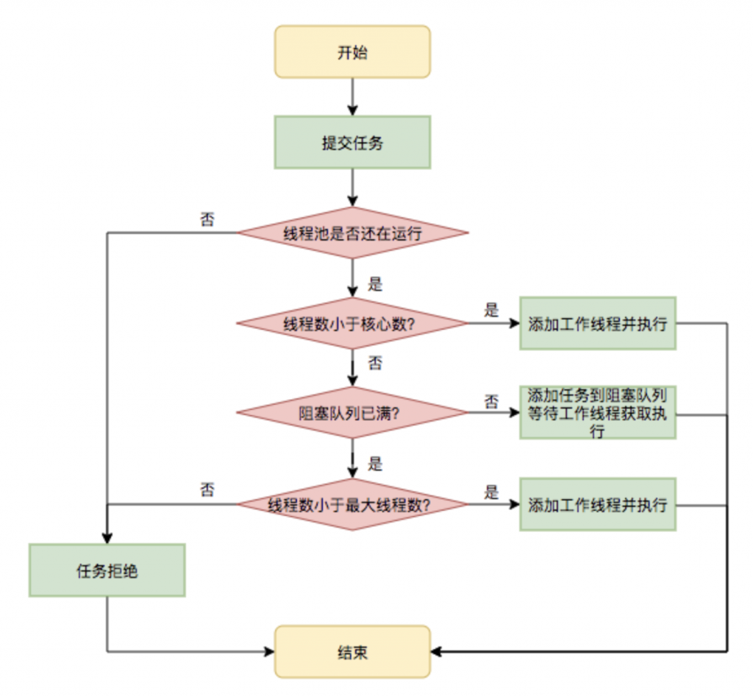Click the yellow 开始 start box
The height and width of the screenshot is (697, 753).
[352, 52]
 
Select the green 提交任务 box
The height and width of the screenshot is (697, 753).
[352, 143]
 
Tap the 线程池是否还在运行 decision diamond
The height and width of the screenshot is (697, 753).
[352, 233]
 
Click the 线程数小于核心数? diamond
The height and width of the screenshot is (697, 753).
[352, 323]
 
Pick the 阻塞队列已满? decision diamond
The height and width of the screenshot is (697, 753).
[352, 413]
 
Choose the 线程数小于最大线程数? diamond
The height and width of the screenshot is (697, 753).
[352, 504]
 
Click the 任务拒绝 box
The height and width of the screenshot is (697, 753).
[107, 570]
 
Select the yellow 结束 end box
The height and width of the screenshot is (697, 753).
[352, 651]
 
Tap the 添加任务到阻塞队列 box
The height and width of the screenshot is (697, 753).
[597, 413]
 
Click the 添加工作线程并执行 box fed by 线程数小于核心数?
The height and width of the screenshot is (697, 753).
[597, 323]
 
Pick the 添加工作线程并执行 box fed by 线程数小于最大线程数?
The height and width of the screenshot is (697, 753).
[597, 504]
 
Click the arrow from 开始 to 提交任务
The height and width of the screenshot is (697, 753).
[353, 94]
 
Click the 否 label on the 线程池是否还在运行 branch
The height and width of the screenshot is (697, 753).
[207, 219]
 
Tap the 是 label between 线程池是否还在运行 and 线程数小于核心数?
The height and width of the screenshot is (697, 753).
[375, 285]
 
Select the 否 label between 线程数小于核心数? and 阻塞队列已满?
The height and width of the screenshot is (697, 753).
[375, 363]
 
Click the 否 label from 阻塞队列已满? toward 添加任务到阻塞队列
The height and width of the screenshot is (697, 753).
[491, 401]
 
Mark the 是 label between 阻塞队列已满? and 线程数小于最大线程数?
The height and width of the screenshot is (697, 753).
[375, 464]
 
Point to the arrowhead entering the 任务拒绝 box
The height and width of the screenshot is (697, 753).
[107, 538]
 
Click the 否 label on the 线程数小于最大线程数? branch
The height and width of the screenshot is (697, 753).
[207, 490]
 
